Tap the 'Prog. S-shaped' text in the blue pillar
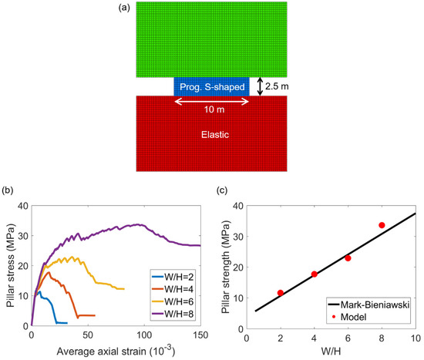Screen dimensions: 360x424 click(x=212, y=86)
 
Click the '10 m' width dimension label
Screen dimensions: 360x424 click(x=212, y=109)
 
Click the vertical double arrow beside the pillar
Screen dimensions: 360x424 click(x=260, y=86)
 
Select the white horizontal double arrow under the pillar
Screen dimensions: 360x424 click(x=212, y=100)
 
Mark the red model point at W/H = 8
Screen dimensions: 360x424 click(x=382, y=225)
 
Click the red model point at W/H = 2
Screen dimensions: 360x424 click(x=280, y=293)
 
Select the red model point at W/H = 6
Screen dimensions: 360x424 click(x=348, y=258)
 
